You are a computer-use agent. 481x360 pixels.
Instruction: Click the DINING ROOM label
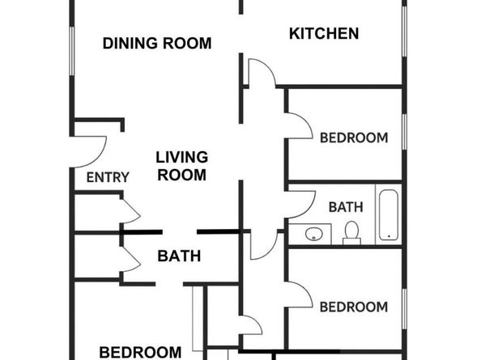[x=157, y=44]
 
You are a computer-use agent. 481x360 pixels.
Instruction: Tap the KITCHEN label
[x=324, y=34]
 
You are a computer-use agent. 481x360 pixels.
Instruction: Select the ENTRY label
[x=107, y=178]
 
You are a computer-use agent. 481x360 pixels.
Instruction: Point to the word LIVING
[x=181, y=157]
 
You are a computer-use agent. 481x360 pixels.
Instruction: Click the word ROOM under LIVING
[x=181, y=174]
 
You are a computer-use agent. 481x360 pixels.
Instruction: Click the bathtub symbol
[x=389, y=214]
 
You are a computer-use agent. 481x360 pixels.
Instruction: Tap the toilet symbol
[x=351, y=232]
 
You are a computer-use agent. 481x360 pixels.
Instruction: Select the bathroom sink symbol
[x=314, y=235]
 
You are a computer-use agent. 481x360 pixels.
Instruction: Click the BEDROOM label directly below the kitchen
[x=353, y=138]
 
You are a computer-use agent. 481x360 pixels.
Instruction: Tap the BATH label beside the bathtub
[x=346, y=207]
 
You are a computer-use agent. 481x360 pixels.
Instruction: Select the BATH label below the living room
[x=179, y=257]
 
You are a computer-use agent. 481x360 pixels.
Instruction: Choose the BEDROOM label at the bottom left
[x=140, y=352]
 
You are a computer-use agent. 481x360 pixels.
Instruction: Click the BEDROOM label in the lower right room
[x=353, y=307]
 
